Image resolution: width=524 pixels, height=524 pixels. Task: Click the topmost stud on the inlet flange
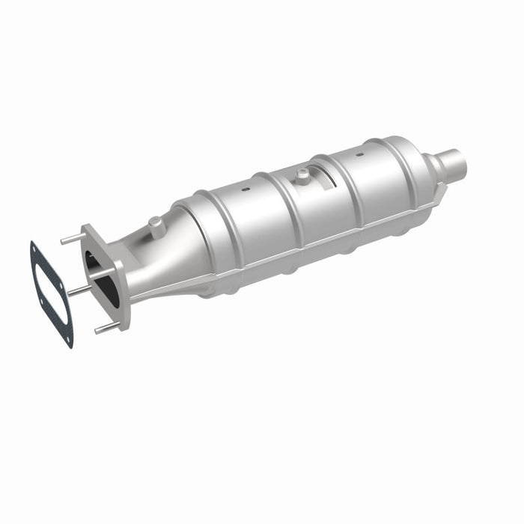coord(73,239)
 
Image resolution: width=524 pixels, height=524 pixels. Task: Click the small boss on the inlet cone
coord(153,222)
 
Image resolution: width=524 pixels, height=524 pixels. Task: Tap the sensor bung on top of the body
coord(302,175)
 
